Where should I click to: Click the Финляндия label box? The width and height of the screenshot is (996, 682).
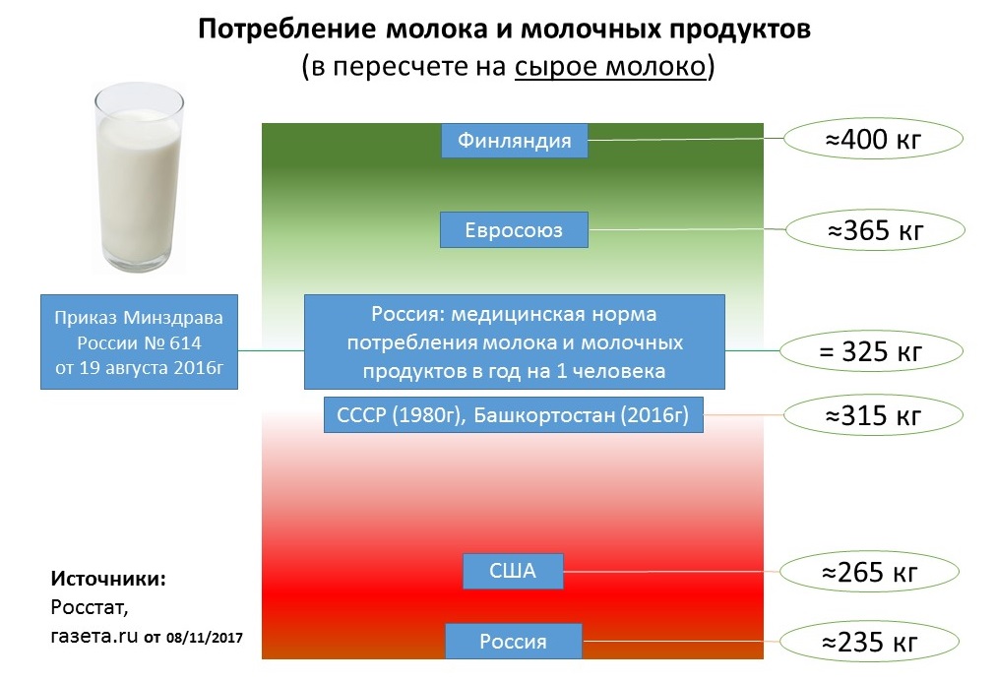tap(515, 141)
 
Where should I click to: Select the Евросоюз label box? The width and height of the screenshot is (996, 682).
tap(514, 230)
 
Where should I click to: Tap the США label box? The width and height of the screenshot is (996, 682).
tap(513, 571)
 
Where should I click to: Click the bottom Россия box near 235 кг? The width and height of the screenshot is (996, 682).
tap(513, 642)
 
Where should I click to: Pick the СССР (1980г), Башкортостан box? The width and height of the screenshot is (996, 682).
tap(513, 415)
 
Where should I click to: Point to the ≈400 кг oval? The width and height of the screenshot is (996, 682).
tap(873, 139)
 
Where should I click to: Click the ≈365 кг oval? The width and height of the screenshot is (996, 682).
tap(875, 230)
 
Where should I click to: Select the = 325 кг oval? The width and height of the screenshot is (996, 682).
tap(871, 351)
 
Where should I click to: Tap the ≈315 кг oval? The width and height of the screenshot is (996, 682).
tap(873, 415)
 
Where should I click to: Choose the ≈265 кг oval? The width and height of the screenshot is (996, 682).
tap(869, 572)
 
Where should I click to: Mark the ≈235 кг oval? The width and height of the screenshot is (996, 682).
tap(869, 642)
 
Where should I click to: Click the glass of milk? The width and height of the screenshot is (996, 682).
tap(139, 177)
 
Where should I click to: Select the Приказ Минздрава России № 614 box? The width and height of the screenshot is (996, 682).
tap(139, 341)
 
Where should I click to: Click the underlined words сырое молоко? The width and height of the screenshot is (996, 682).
tap(610, 67)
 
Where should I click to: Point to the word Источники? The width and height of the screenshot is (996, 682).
tap(108, 579)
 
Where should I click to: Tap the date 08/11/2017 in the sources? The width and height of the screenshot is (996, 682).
tap(205, 637)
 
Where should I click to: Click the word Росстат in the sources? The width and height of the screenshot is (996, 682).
tap(89, 608)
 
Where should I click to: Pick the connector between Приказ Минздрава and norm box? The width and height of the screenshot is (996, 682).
tap(272, 350)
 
